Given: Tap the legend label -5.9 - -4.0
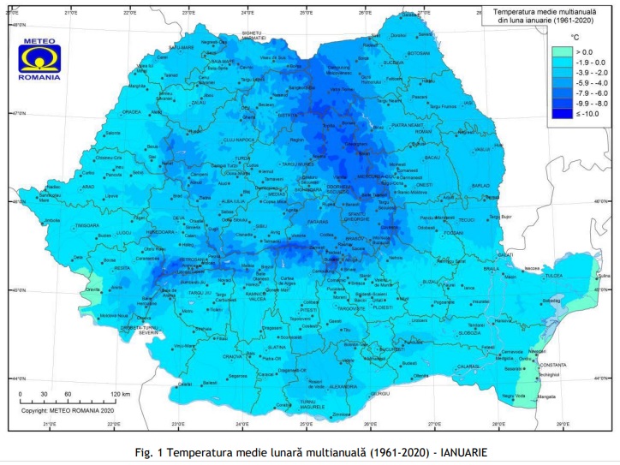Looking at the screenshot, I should click(x=593, y=83).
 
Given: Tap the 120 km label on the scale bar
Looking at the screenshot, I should click(x=120, y=394).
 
